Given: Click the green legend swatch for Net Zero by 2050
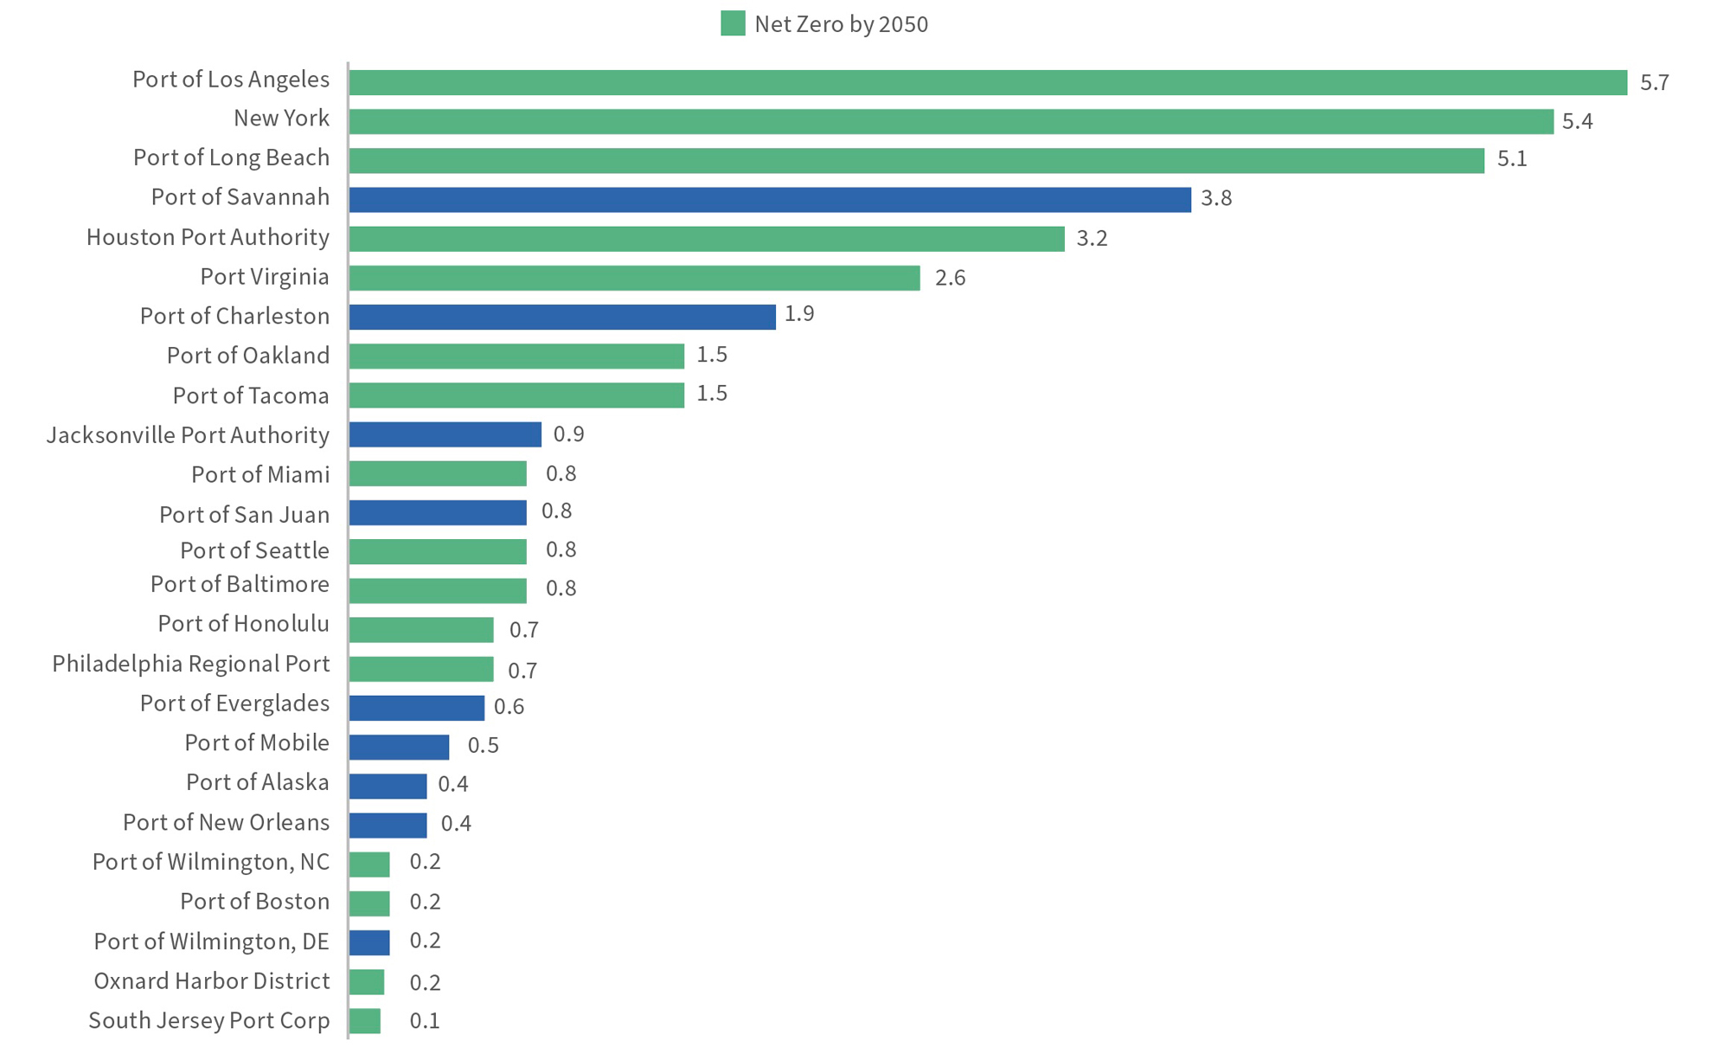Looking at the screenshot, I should (733, 23).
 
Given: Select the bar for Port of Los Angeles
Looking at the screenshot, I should (988, 82).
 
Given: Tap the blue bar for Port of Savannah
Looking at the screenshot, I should (770, 199).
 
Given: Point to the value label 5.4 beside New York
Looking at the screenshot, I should (1577, 121).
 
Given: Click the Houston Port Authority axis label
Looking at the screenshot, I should (208, 237).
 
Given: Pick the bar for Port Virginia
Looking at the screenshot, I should (635, 278).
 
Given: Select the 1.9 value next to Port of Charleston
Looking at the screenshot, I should (799, 313).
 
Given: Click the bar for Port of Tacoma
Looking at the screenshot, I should (516, 395).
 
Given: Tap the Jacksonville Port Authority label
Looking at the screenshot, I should (188, 434).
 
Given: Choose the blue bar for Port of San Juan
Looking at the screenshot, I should (438, 512).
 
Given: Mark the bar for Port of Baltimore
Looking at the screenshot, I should (438, 591).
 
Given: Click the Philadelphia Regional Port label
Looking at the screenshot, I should (190, 664).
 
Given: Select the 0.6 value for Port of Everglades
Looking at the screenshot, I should (509, 707).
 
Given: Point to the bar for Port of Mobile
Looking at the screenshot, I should (399, 747).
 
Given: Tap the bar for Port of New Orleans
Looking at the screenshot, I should (388, 826).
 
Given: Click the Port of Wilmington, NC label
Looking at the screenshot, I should (211, 862).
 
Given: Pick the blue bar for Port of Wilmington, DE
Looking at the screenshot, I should (369, 942).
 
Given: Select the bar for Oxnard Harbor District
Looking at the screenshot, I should (367, 982).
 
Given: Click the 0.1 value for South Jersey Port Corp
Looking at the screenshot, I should (424, 1021).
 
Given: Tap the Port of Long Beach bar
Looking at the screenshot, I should (917, 160).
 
